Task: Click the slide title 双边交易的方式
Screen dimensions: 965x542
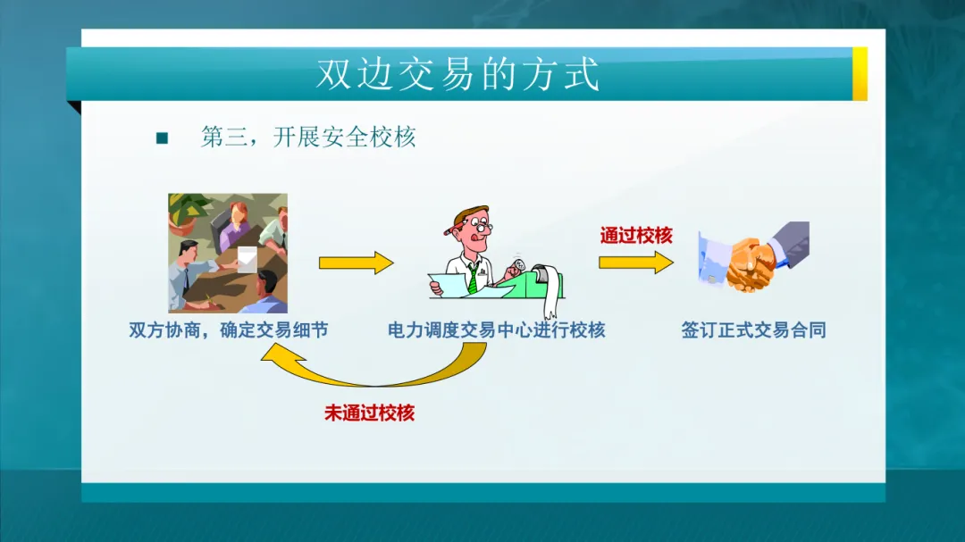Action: [457, 74]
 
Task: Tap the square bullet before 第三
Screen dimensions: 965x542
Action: [162, 138]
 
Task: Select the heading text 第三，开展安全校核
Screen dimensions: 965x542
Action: [308, 137]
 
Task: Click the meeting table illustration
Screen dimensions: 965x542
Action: [228, 253]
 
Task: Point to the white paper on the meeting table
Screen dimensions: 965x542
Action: [247, 259]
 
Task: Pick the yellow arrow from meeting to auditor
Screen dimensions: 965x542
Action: [356, 263]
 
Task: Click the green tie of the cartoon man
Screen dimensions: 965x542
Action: [472, 278]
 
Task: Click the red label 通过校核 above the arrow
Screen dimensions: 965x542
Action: [636, 235]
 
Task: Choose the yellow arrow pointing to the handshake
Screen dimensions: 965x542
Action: [636, 263]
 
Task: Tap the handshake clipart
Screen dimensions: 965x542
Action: [754, 256]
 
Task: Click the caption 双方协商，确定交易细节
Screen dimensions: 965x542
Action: [229, 330]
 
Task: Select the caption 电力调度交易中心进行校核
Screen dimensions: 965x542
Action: [496, 330]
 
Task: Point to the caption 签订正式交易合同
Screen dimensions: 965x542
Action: [753, 330]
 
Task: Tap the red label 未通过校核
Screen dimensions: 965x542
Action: [369, 413]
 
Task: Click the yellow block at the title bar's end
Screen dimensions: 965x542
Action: [860, 74]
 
